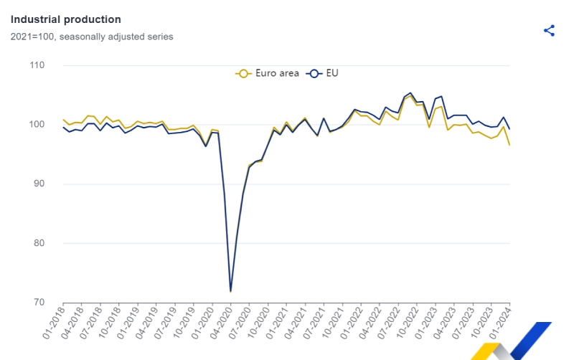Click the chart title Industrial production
[65, 19]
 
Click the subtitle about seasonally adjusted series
[91, 37]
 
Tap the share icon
[549, 30]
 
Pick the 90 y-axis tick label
[37, 184]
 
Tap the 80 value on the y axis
[37, 243]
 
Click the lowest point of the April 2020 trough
[230, 291]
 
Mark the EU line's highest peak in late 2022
[410, 93]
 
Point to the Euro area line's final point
[509, 145]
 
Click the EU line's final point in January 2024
[509, 129]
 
